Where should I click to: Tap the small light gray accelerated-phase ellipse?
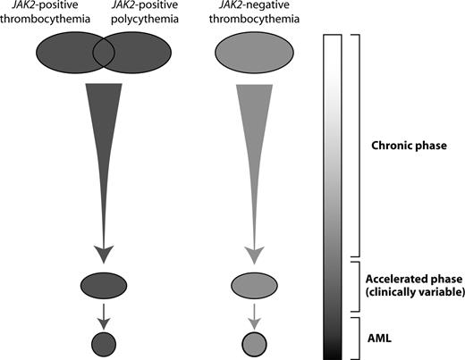point(257,286)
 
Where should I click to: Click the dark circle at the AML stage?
point(104,342)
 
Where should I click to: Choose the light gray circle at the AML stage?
point(257,342)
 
